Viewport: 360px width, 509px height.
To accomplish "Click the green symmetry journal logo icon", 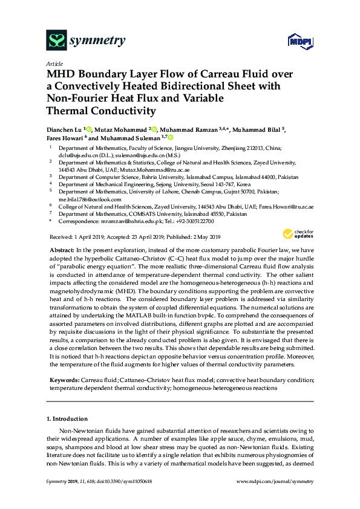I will coord(57,41).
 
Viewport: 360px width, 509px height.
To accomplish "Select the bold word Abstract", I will coord(60,250).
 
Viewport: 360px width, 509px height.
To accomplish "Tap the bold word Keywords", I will coord(65,380).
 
